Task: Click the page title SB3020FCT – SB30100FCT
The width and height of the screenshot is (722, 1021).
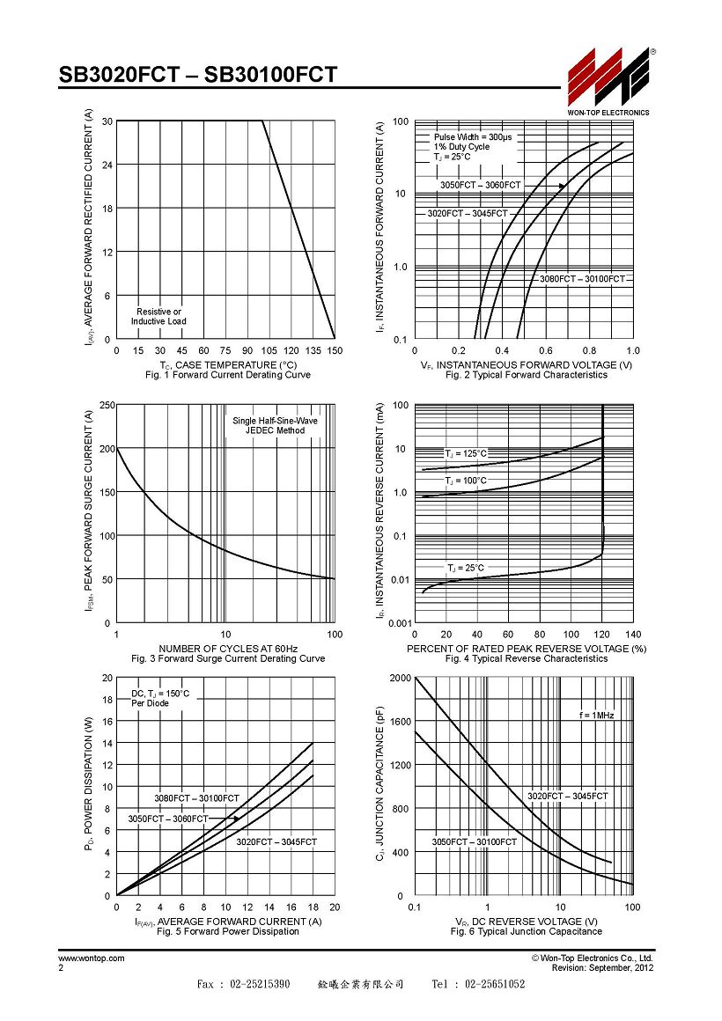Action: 198,75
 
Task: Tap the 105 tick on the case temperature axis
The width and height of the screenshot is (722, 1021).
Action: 269,350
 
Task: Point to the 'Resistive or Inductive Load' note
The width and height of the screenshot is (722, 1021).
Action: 158,317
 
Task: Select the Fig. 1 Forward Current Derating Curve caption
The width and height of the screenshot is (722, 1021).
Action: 228,375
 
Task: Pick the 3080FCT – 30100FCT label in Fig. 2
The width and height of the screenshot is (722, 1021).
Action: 582,279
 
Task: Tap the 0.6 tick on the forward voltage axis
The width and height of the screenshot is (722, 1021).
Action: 545,350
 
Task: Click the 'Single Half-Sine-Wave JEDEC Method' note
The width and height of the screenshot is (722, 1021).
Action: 275,425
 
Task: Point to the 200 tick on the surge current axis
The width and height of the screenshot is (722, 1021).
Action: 107,449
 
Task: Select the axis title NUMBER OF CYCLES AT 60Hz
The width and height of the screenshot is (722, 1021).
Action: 228,649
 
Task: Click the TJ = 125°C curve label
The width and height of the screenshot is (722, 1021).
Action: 465,453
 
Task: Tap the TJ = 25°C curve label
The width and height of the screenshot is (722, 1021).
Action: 465,568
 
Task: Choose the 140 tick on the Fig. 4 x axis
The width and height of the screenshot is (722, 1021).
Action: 633,635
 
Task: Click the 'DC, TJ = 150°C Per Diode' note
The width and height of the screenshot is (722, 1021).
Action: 160,698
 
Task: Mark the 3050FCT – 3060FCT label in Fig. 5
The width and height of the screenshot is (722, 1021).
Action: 167,819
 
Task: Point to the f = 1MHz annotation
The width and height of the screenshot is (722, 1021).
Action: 596,715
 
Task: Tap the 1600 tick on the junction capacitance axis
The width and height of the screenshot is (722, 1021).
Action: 400,722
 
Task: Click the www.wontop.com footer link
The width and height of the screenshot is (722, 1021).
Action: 92,958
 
